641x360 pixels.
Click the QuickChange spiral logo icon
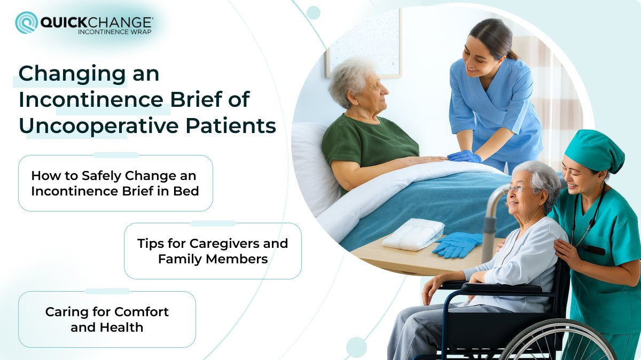tap(26, 22)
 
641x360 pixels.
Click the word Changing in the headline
tap(72, 74)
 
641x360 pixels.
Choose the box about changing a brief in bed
tap(115, 183)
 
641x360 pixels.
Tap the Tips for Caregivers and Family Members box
tap(213, 251)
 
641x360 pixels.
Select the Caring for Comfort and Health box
tap(107, 319)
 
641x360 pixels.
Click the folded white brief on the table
tap(413, 234)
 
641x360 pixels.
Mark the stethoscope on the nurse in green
tap(588, 224)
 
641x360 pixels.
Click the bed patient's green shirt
tap(369, 144)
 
